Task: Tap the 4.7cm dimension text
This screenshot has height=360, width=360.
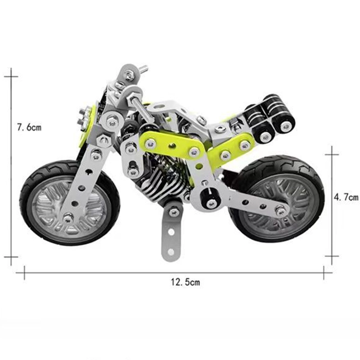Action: pos(346,197)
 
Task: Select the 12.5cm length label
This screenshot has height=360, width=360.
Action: pos(185,283)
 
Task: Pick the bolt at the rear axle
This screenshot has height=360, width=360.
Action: pos(280,210)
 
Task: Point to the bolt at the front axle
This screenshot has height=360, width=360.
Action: pos(68,218)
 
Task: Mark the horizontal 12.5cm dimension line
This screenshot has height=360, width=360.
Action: pos(135,272)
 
